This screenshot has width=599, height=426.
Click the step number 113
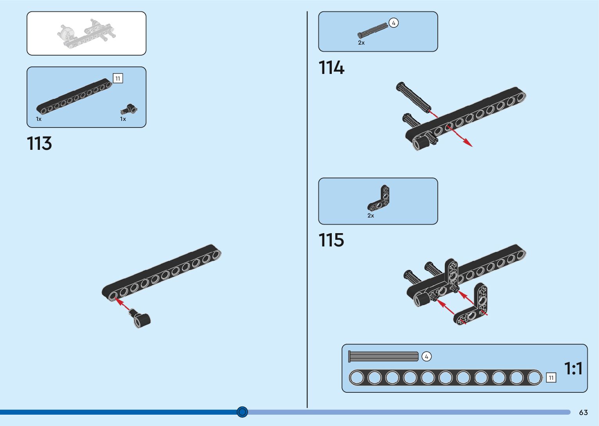pyautogui.click(x=40, y=144)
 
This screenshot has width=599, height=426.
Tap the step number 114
pyautogui.click(x=331, y=68)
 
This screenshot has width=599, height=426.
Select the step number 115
pyautogui.click(x=331, y=240)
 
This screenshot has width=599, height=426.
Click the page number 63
pyautogui.click(x=583, y=412)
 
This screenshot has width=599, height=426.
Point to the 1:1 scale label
pyautogui.click(x=573, y=368)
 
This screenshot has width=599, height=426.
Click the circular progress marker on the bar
pyautogui.click(x=243, y=412)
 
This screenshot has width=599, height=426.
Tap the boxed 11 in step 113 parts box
pyautogui.click(x=118, y=78)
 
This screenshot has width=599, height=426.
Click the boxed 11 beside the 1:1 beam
pyautogui.click(x=551, y=377)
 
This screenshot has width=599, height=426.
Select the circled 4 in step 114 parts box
pyautogui.click(x=394, y=23)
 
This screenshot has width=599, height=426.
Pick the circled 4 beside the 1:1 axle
pyautogui.click(x=426, y=356)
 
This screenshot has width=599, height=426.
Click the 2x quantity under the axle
pyautogui.click(x=361, y=43)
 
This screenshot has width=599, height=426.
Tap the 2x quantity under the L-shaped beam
pyautogui.click(x=371, y=216)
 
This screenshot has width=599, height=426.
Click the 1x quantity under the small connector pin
pyautogui.click(x=123, y=119)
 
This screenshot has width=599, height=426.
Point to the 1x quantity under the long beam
pyautogui.click(x=39, y=119)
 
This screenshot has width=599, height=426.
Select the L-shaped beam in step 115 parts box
pyautogui.click(x=380, y=198)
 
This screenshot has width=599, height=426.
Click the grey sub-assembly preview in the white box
pyautogui.click(x=86, y=33)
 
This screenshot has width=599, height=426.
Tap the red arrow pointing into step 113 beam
pyautogui.click(x=123, y=304)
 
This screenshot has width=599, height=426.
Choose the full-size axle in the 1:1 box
pyautogui.click(x=383, y=356)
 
